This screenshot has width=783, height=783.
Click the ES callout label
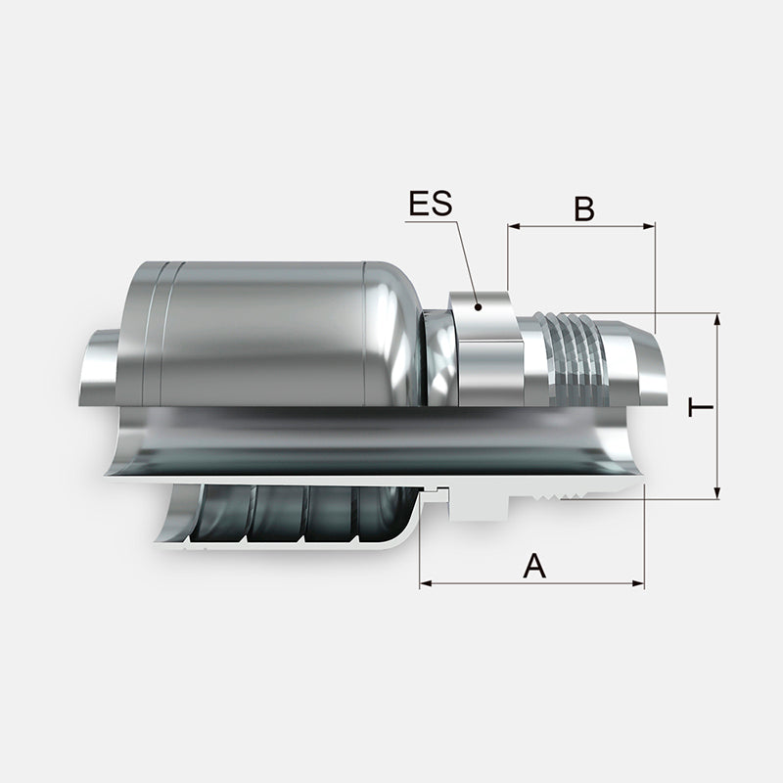pyautogui.click(x=431, y=204)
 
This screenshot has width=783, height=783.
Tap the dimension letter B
pyautogui.click(x=583, y=208)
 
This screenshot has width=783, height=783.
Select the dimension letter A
pyautogui.click(x=534, y=566)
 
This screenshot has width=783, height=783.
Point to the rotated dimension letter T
pyautogui.click(x=701, y=408)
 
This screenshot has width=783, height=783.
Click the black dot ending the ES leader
pyautogui.click(x=478, y=307)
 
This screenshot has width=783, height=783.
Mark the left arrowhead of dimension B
pyautogui.click(x=514, y=227)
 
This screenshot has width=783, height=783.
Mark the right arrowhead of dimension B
pyautogui.click(x=649, y=227)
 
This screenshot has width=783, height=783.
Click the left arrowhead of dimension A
pyautogui.click(x=426, y=582)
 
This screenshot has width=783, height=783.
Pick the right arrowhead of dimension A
pyautogui.click(x=638, y=582)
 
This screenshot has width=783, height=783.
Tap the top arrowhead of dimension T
pyautogui.click(x=717, y=320)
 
